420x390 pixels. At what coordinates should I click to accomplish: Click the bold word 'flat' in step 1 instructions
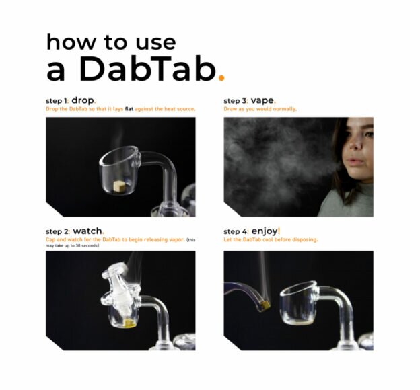(x=129, y=109)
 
